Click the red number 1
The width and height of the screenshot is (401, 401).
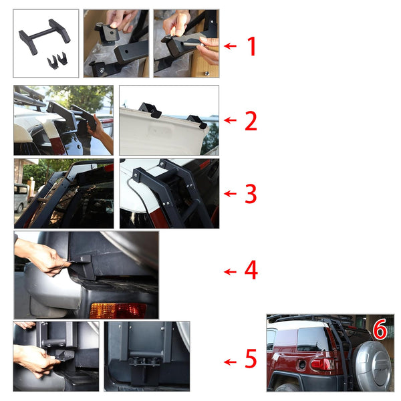[x=252, y=46]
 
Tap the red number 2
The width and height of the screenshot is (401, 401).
[x=251, y=121]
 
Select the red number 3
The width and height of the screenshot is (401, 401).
[x=251, y=194]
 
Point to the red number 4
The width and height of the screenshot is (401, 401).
[x=251, y=271]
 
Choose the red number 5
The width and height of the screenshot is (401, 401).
[x=251, y=360]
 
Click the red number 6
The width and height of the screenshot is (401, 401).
[x=380, y=329]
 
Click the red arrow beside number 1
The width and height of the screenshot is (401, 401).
[x=231, y=46]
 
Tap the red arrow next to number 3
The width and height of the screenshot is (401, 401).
[x=231, y=194]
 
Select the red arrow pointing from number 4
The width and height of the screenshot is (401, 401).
[x=231, y=271]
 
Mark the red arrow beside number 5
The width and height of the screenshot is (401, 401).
[x=231, y=362]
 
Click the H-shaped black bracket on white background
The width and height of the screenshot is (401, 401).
[x=45, y=35]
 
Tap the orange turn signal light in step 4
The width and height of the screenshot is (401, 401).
[x=118, y=310]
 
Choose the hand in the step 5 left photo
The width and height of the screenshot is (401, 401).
[x=33, y=360]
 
